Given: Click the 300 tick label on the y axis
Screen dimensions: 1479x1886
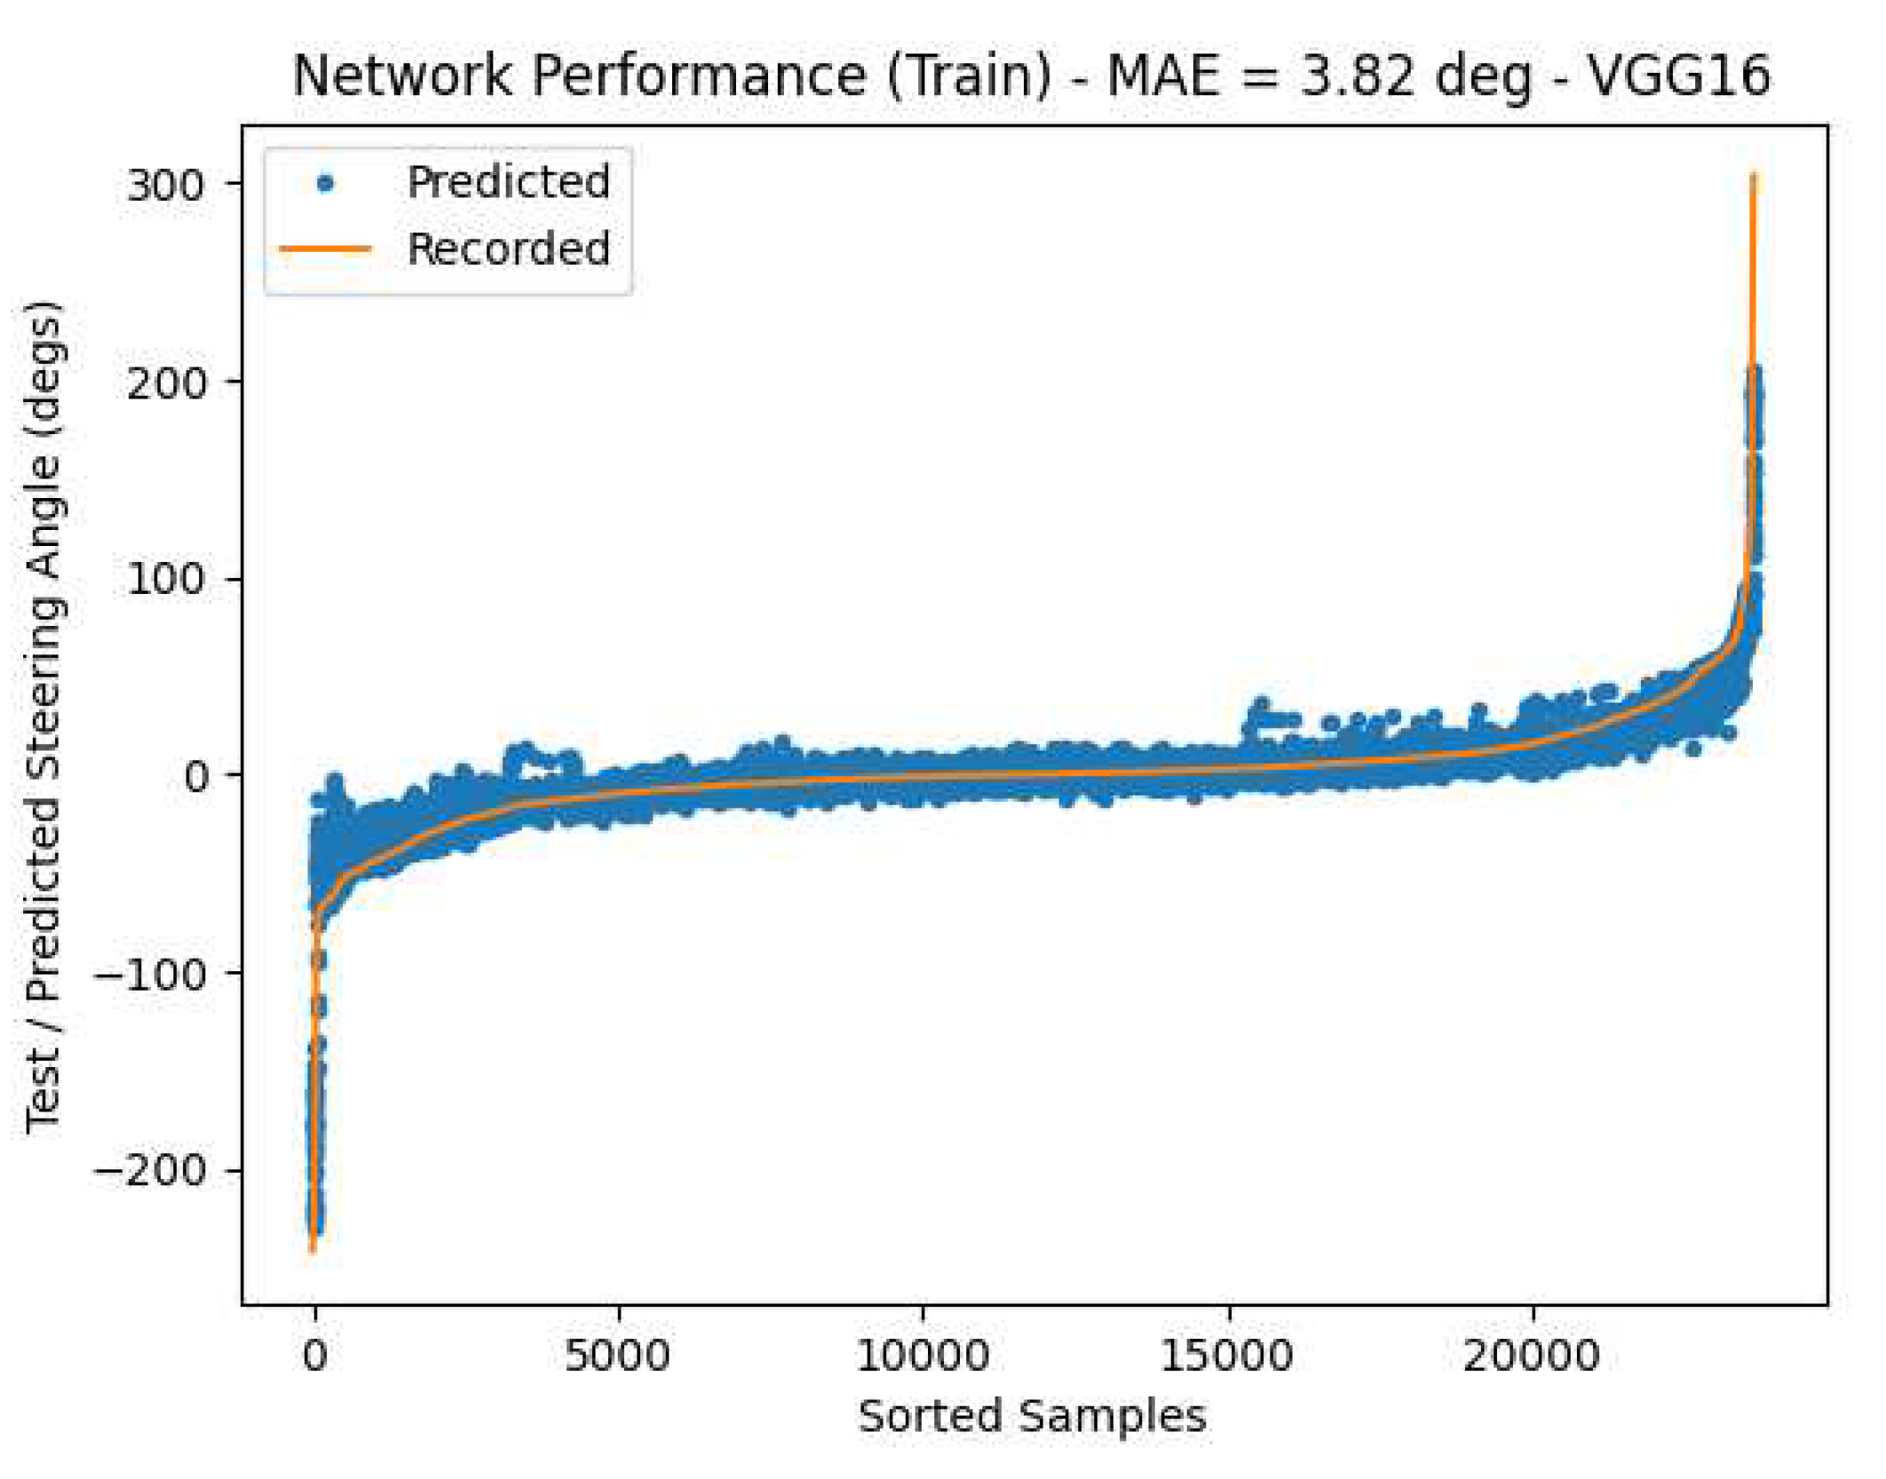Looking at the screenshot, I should click(x=165, y=186).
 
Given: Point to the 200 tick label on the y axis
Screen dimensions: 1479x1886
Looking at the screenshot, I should click(x=165, y=384).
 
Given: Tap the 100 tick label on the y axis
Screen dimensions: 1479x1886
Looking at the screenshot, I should click(x=165, y=581).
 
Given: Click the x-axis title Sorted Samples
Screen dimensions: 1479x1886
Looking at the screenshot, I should click(x=1032, y=1415).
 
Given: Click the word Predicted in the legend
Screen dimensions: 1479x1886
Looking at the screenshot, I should click(x=508, y=183).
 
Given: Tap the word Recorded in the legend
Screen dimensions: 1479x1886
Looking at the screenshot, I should click(x=508, y=249).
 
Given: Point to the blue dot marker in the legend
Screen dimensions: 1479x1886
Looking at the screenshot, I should click(x=326, y=184).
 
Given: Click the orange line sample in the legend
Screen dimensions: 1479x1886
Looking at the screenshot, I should click(x=326, y=249).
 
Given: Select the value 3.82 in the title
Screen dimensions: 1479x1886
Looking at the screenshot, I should click(x=1357, y=75).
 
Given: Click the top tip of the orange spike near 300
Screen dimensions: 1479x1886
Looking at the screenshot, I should click(x=1753, y=176).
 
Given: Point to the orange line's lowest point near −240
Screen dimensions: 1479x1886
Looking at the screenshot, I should click(x=313, y=1250).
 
